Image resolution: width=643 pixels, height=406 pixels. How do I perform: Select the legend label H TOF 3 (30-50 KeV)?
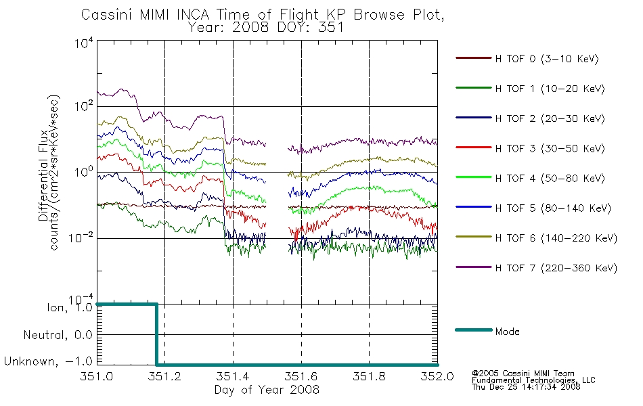[550, 148]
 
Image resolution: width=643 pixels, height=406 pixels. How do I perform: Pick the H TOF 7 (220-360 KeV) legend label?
[556, 268]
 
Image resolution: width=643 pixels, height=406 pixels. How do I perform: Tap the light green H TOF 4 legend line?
[474, 177]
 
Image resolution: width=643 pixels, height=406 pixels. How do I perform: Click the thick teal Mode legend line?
[474, 330]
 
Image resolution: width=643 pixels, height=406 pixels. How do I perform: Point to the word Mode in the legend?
[507, 332]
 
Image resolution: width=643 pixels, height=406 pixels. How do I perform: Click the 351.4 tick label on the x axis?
[233, 376]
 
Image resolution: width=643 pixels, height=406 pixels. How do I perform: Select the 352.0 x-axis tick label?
[437, 376]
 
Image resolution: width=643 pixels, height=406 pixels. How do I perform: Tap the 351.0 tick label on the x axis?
[97, 376]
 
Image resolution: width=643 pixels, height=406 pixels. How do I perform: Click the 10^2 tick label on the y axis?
[83, 106]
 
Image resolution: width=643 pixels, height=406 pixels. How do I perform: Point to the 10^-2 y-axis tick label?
[81, 238]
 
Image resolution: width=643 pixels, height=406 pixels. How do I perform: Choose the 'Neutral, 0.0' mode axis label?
[58, 335]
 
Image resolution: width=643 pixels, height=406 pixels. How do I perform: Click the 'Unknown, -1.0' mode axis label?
[48, 362]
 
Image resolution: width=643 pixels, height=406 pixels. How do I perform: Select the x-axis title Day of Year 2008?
[267, 390]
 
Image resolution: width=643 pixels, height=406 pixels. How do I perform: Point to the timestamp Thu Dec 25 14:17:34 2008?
[526, 387]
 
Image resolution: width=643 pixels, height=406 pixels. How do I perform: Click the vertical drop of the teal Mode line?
[156, 334]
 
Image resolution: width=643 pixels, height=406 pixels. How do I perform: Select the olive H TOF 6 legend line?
[474, 237]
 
